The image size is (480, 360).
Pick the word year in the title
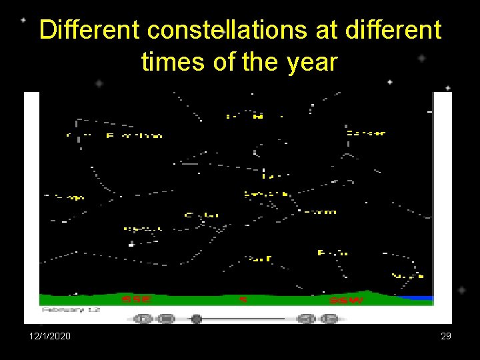313,62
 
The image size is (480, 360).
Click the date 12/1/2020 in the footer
49,337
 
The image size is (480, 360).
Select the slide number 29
446,337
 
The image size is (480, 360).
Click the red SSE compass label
136,300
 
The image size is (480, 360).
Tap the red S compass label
243,300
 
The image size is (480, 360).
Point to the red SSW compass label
347,300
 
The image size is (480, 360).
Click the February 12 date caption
70,310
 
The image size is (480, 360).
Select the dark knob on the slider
196,319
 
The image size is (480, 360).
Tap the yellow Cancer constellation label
366,133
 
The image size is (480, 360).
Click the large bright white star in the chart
131,244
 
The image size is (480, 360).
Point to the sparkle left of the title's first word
23,20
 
